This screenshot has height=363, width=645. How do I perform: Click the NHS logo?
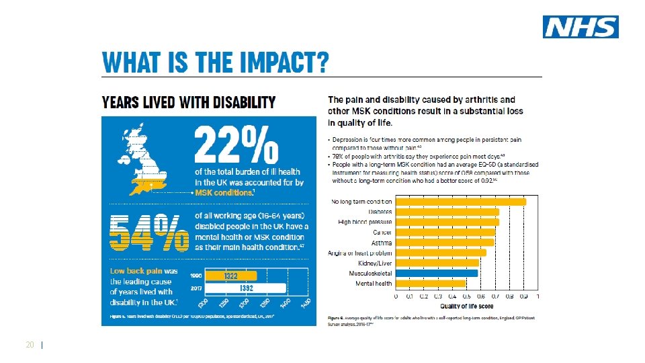tap(580, 27)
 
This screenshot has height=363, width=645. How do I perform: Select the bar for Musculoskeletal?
tap(437, 273)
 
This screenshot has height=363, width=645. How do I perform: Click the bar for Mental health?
tap(431, 284)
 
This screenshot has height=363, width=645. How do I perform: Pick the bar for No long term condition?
tap(461, 202)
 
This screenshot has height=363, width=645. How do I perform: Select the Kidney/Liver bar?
tap(437, 263)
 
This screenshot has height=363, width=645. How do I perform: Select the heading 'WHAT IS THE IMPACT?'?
tap(215, 64)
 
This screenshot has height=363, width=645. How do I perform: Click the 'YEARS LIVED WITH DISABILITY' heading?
tap(188, 103)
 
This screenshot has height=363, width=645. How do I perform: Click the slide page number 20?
tap(30, 345)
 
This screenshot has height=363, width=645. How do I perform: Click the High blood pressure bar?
tap(447, 222)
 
